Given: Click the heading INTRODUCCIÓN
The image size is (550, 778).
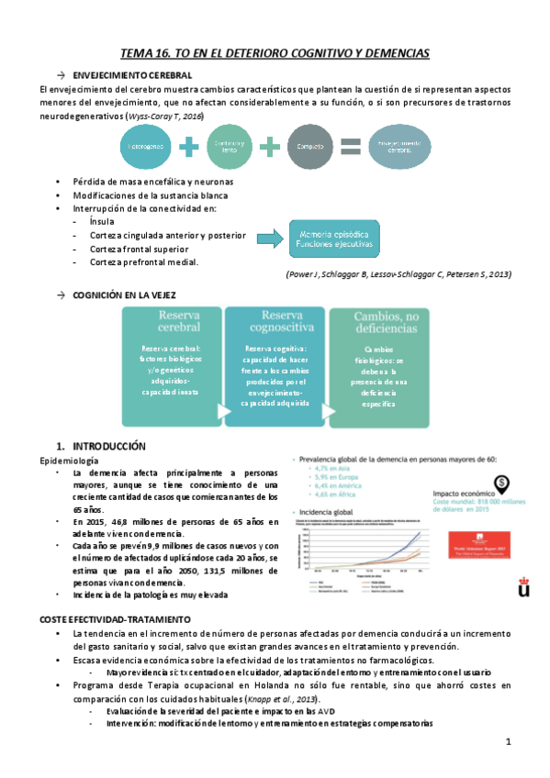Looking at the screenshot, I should click(x=103, y=445).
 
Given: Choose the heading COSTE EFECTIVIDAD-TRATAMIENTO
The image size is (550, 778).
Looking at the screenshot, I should click(x=115, y=619).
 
